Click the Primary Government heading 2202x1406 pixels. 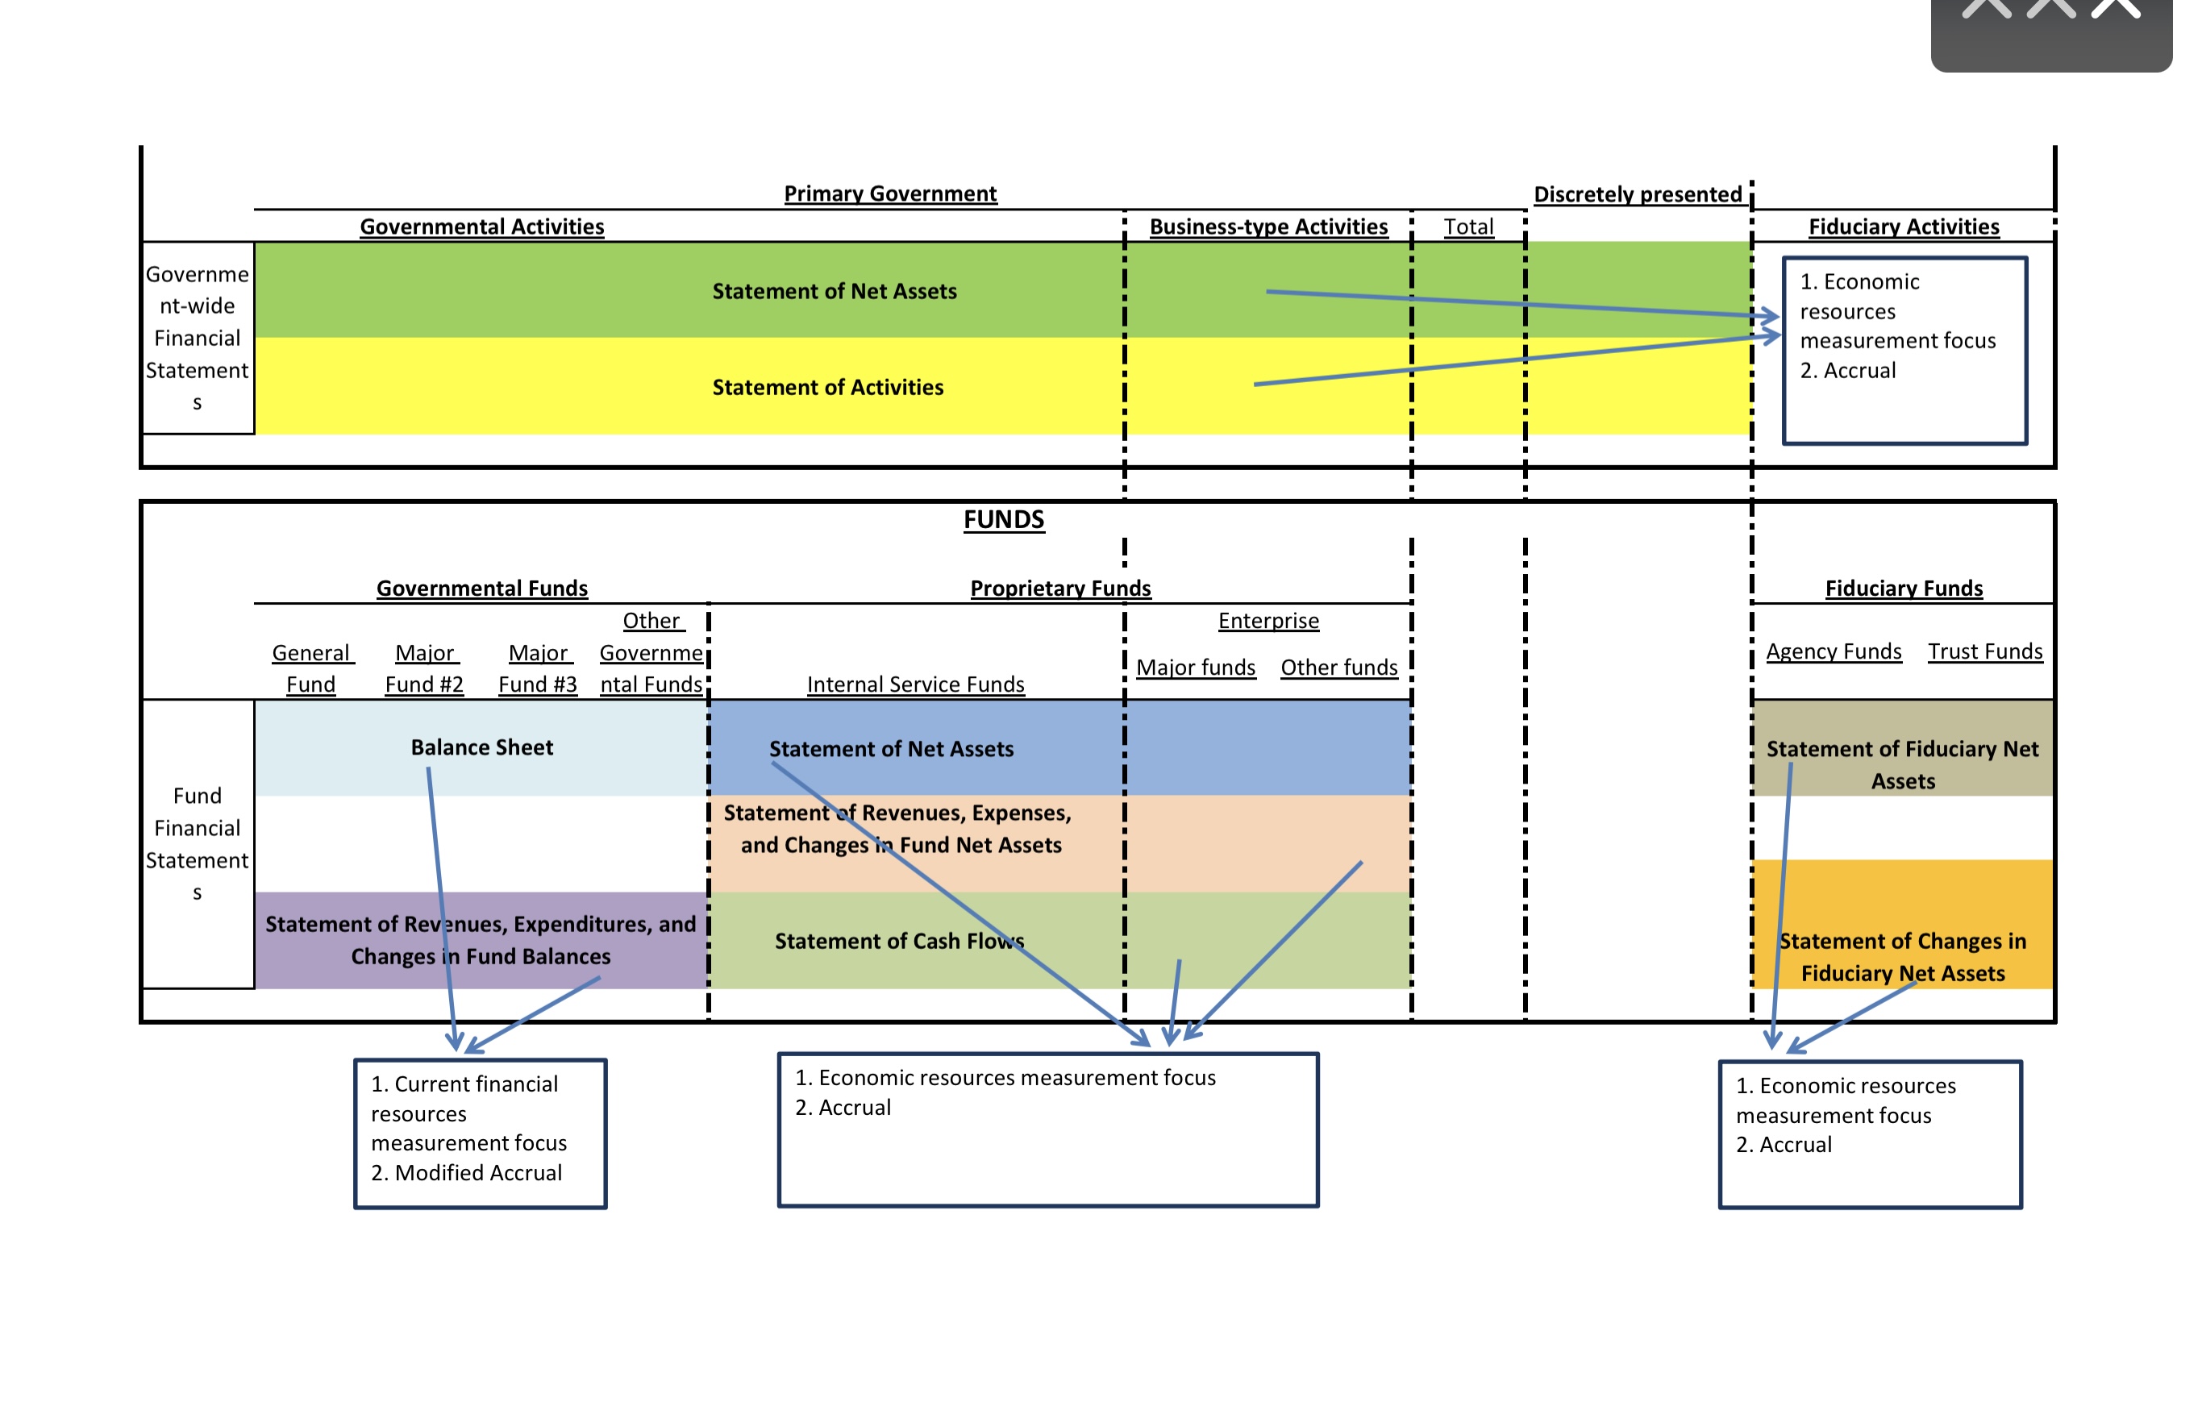click(x=890, y=193)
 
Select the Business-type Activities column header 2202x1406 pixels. click(x=1268, y=227)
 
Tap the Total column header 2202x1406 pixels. click(x=1467, y=227)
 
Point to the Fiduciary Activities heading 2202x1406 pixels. click(x=1903, y=227)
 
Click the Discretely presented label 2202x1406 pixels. click(x=1637, y=195)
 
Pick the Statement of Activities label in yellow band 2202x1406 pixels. click(x=827, y=388)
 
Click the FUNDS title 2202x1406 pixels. click(x=1003, y=519)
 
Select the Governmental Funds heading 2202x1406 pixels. click(x=482, y=588)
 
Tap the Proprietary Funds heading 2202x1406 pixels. click(x=1059, y=588)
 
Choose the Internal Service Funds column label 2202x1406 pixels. click(x=915, y=684)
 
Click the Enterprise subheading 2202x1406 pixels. click(x=1268, y=621)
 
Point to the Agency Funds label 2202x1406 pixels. click(x=1834, y=651)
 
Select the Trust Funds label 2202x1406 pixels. click(x=1984, y=651)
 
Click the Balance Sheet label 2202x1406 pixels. click(x=482, y=748)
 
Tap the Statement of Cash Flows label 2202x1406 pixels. click(x=899, y=941)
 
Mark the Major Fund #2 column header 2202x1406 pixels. click(x=424, y=668)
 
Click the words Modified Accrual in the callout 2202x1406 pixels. click(x=478, y=1173)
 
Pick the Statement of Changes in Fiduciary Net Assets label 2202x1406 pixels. click(x=1902, y=957)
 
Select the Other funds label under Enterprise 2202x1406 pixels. click(x=1338, y=668)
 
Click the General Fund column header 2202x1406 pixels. click(x=311, y=668)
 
